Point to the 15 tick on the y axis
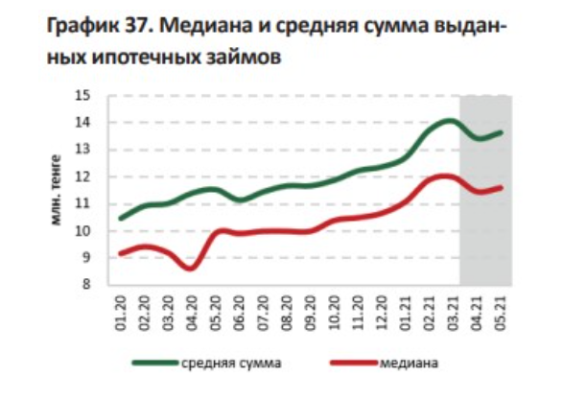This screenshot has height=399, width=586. [83, 95]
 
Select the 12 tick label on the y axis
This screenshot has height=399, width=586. [83, 176]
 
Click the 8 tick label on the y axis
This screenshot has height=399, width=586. [87, 285]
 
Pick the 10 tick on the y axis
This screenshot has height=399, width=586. [83, 231]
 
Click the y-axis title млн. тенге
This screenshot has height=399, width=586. [56, 191]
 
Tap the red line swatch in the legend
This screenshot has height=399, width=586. [352, 364]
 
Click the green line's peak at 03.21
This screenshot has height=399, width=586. [449, 120]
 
